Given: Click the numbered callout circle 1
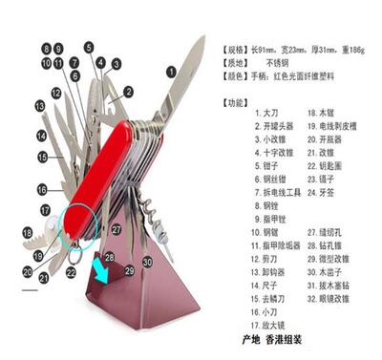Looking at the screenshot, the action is [x=171, y=70].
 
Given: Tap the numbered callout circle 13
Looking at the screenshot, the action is [x=40, y=106].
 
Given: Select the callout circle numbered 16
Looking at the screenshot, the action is [x=42, y=190].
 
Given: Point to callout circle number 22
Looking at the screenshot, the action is [x=71, y=272].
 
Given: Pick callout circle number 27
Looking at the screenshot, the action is [x=116, y=229].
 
